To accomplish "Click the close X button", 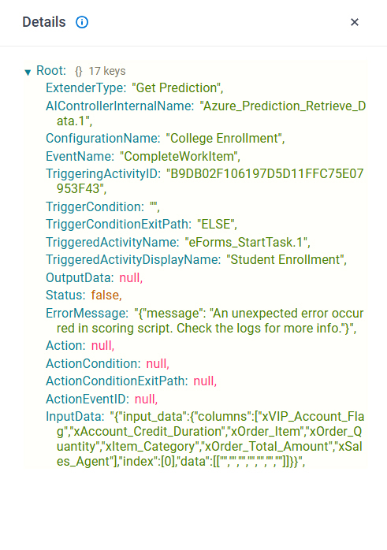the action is tap(355, 22).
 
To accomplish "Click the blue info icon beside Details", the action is tap(82, 22).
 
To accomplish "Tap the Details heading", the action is tap(44, 22).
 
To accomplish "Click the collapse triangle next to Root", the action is tap(28, 72).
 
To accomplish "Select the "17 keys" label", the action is tap(107, 71).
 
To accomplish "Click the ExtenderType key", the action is tap(86, 88).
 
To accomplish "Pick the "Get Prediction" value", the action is tap(177, 88).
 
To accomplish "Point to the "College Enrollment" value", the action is tap(225, 138).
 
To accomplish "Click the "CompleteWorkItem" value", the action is tap(180, 157).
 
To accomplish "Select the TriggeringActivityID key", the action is tap(103, 174).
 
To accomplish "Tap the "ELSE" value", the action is tap(217, 224).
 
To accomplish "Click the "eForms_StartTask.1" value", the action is tap(247, 243).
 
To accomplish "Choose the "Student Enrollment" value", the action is tap(286, 260).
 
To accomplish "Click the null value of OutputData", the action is tap(131, 278).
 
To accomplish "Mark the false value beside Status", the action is tap(106, 295).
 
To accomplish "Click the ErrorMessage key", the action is tap(87, 314).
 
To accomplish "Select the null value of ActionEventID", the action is tap(147, 399).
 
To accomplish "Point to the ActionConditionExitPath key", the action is tap(117, 381).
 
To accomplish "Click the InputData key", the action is tap(75, 417).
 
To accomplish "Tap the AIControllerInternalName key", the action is tap(120, 106).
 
